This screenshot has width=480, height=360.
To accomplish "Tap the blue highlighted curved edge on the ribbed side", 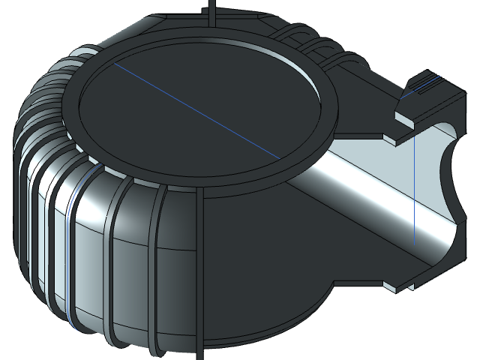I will point(70,247).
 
